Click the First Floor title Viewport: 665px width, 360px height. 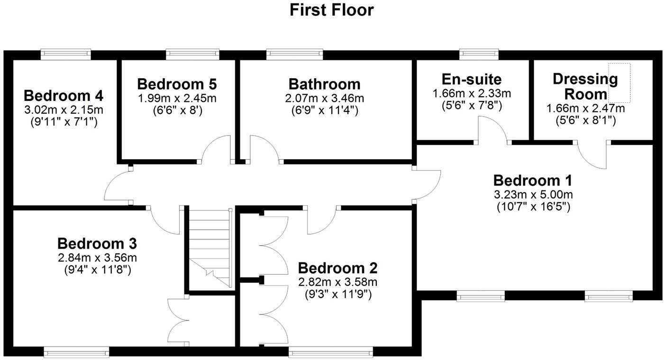tap(332, 10)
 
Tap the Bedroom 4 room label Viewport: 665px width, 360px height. tap(64, 96)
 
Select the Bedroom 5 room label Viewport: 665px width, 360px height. tap(177, 84)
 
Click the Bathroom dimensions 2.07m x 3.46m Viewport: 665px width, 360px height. tap(324, 99)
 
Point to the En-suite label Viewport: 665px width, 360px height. tap(471, 79)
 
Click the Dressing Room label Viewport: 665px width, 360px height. tap(585, 86)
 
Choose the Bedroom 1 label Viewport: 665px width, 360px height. tap(533, 180)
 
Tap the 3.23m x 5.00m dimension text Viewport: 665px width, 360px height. tap(533, 195)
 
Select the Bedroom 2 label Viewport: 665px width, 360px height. tap(337, 268)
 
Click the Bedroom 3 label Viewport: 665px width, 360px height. tap(97, 244)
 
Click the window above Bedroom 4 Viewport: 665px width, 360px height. tap(65, 54)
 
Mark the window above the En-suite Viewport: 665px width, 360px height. tap(479, 54)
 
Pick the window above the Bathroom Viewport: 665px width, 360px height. tap(294, 54)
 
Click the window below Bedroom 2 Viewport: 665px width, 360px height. tap(330, 351)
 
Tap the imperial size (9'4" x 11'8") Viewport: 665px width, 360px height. tap(97, 270)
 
